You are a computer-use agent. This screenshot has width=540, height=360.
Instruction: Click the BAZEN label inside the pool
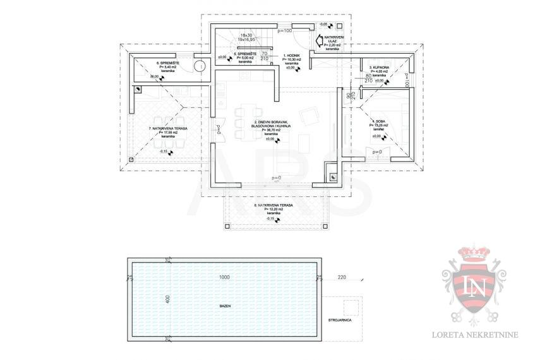point(225,306)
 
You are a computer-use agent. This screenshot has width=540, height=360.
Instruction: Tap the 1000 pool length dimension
point(224,277)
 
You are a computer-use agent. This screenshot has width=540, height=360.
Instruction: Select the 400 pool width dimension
point(168,299)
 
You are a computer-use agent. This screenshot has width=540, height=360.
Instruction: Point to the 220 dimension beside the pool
point(342,277)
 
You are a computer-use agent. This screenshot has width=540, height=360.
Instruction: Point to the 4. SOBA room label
point(379,121)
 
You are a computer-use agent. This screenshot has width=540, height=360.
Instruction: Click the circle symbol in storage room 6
point(200,65)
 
